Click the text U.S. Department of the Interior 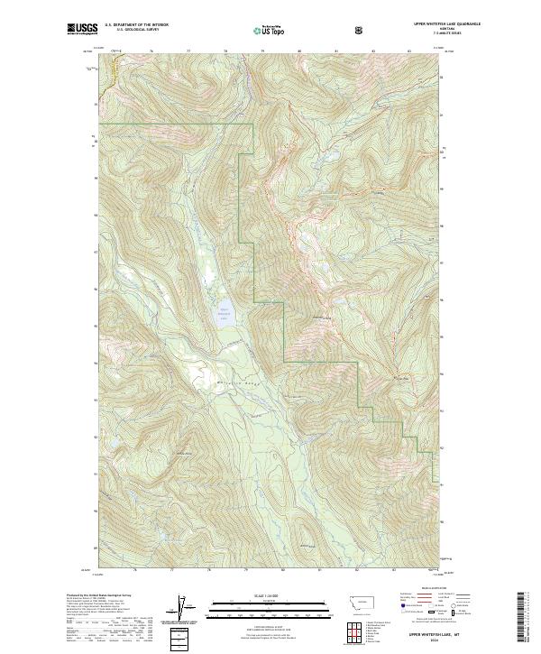coord(136,24)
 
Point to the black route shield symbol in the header coord(361,31)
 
